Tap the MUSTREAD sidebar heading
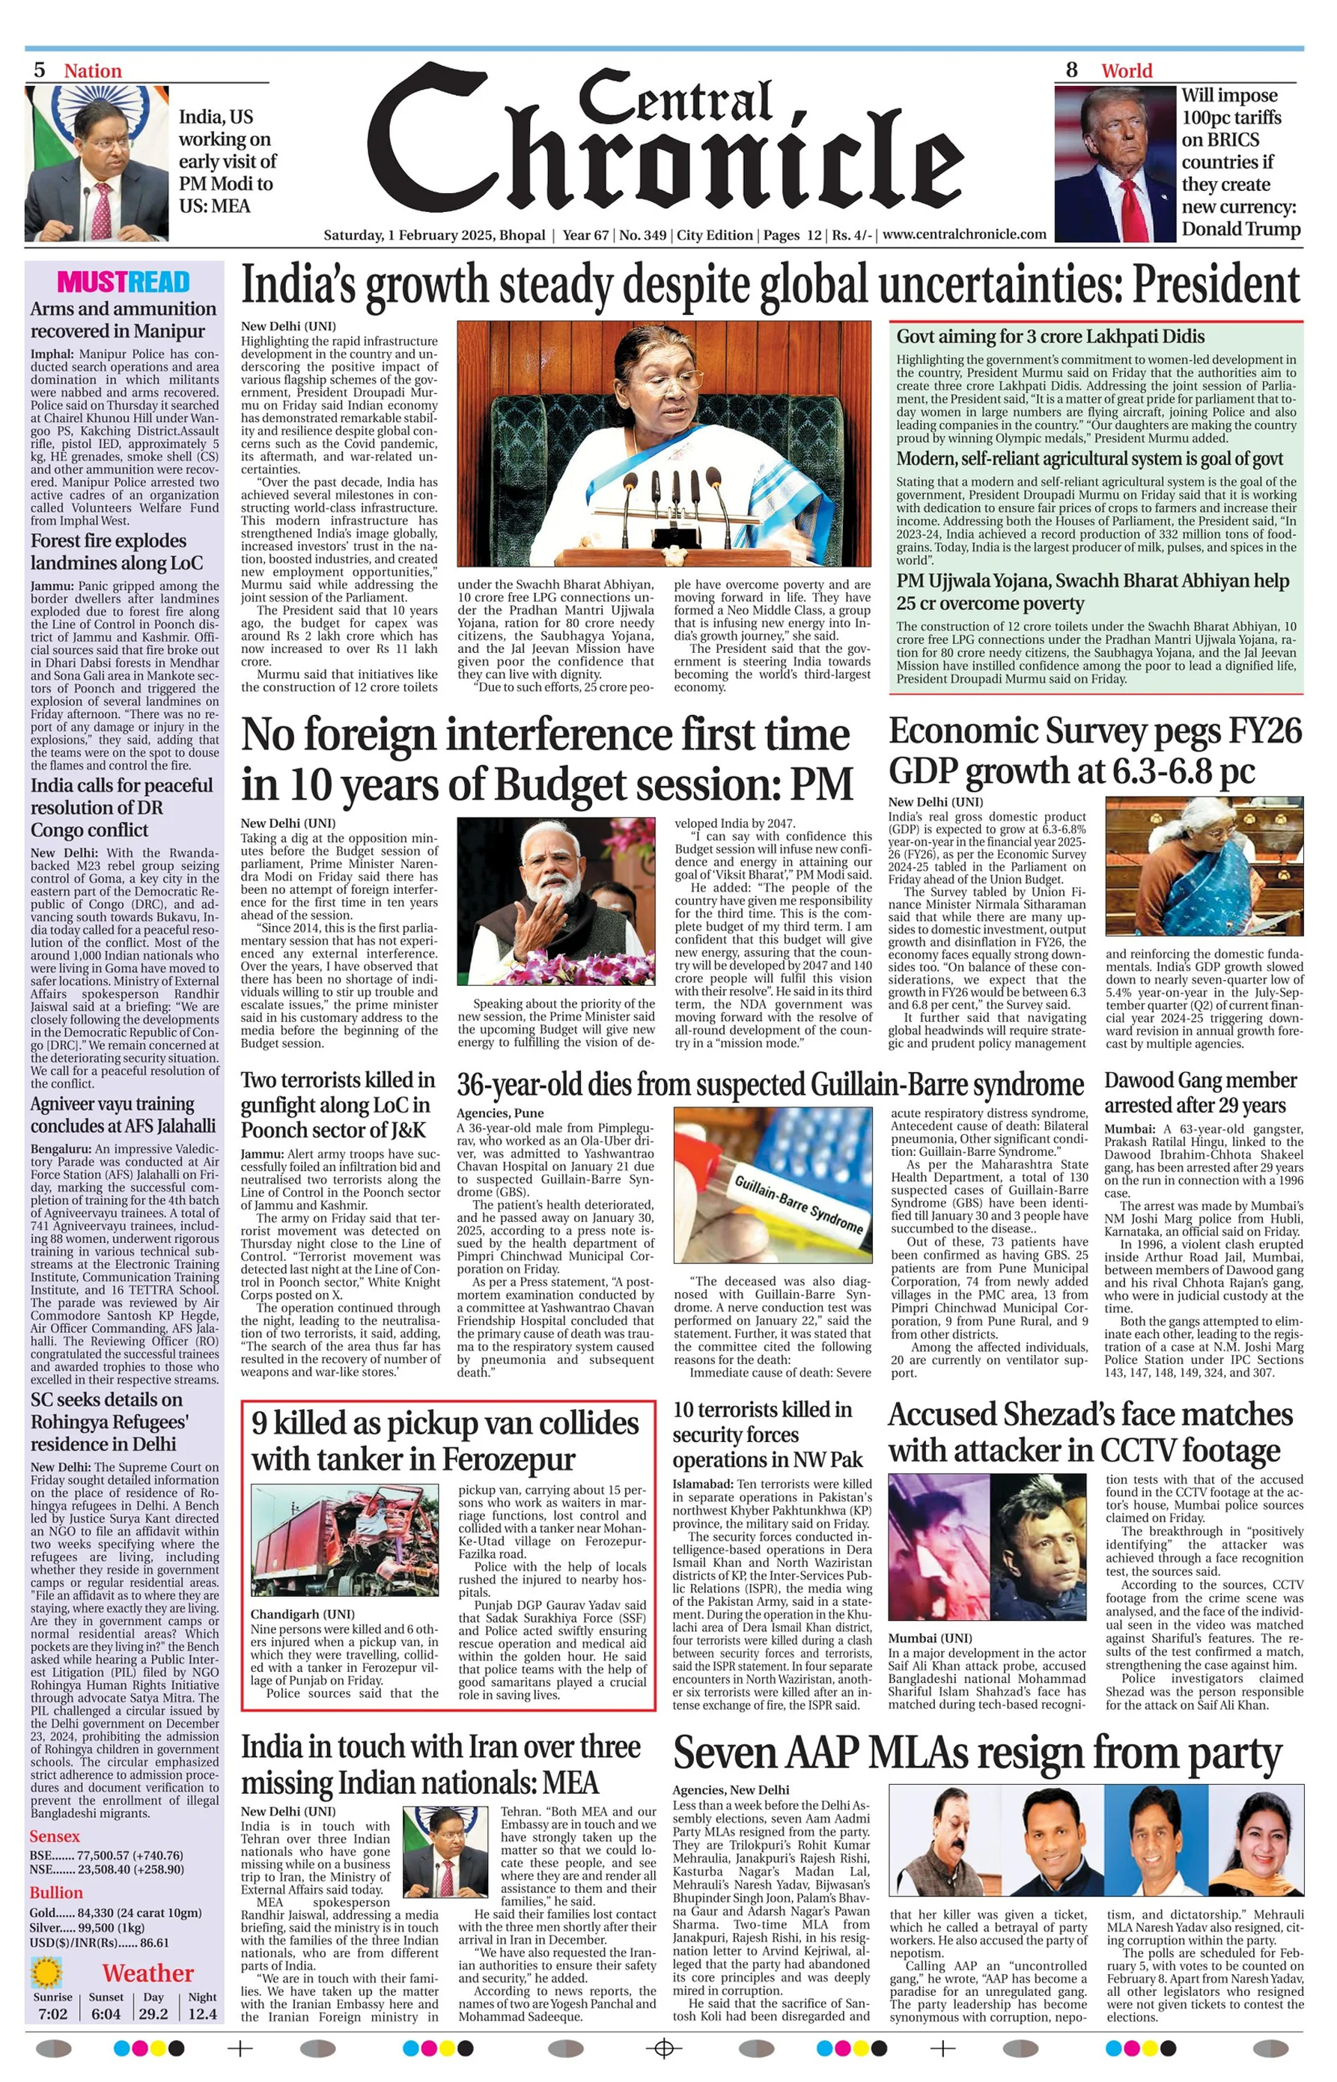coord(124,282)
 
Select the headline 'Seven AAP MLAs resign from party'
coord(977,1752)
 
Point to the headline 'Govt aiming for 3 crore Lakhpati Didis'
coord(1050,336)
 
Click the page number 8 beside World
coord(1071,70)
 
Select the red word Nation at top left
coord(93,70)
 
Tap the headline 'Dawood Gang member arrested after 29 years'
coord(1201,1092)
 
